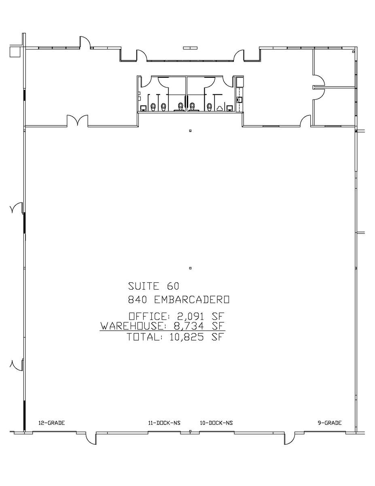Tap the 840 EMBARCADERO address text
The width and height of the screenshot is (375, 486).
tap(178, 300)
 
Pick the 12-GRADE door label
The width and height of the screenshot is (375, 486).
tap(51, 423)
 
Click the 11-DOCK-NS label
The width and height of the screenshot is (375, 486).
tap(164, 423)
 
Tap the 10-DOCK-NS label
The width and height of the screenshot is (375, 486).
tap(216, 423)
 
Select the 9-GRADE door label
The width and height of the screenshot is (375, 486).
tap(329, 423)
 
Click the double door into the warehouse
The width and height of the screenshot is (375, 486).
tap(77, 121)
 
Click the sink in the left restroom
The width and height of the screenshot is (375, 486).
tap(143, 108)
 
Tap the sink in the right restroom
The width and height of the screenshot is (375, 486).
tap(230, 108)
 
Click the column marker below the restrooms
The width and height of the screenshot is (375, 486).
tap(190, 131)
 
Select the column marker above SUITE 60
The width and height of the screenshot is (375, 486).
tap(190, 268)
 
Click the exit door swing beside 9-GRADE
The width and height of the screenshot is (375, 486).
tap(289, 439)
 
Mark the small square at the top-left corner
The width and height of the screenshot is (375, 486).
tap(15, 51)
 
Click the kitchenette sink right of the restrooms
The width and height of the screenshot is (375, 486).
tap(239, 99)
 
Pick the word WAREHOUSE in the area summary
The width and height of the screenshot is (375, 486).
tap(132, 326)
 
